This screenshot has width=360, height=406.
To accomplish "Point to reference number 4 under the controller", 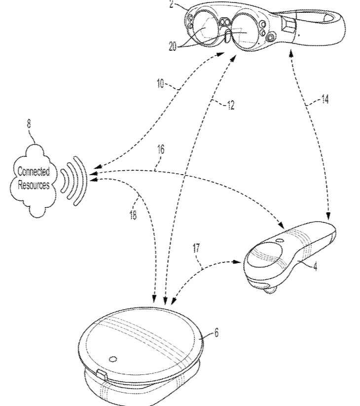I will click(x=315, y=267).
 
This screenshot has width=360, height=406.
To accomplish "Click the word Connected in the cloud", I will click(x=34, y=172).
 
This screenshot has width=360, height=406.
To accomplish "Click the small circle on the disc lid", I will click(x=113, y=358).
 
